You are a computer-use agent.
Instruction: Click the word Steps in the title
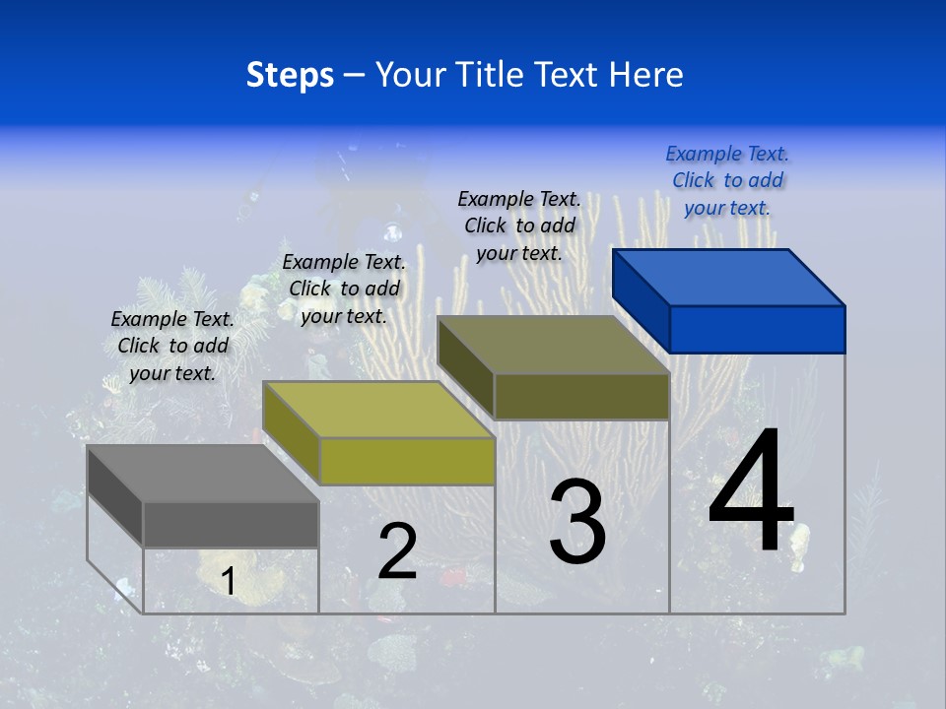[290, 75]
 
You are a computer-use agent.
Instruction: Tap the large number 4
[751, 492]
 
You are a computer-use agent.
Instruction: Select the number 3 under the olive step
[577, 522]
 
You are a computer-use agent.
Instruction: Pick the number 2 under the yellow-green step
[397, 551]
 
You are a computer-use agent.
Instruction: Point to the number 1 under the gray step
[228, 582]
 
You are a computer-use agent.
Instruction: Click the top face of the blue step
[729, 277]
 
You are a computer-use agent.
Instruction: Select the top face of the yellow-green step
[378, 410]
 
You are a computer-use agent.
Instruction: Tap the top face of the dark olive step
[554, 345]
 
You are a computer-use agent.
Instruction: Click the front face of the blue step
[757, 329]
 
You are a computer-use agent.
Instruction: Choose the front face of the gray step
[231, 525]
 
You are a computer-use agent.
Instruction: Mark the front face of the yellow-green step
[407, 461]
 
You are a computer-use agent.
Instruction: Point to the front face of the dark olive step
[581, 396]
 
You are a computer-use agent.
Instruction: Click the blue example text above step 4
[727, 180]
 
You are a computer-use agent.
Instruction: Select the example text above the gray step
[172, 346]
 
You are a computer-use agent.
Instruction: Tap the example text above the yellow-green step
[344, 289]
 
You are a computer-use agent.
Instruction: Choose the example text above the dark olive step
[519, 226]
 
